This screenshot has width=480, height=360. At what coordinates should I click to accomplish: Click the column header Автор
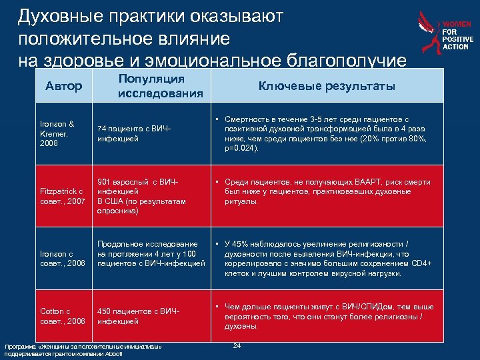(x=64, y=86)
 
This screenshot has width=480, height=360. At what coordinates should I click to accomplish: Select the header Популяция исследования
(x=160, y=86)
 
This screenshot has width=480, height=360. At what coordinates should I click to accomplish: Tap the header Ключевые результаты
(x=327, y=86)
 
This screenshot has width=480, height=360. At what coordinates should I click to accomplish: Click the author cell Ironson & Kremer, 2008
(x=57, y=133)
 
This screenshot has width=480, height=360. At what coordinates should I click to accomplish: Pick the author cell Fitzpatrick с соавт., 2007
(x=62, y=197)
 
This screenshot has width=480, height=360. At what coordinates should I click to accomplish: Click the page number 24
(x=237, y=345)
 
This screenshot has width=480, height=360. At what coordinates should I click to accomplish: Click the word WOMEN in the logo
(x=457, y=25)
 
